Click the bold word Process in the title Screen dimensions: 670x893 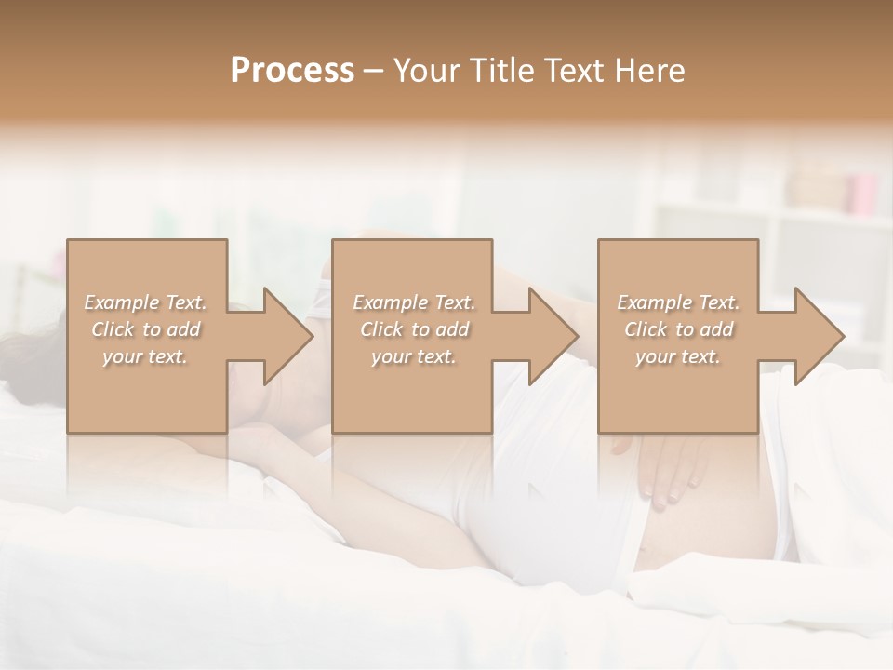click(292, 71)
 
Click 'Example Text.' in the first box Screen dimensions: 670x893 click(146, 302)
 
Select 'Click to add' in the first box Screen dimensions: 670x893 click(146, 329)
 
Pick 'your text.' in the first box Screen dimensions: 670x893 click(146, 356)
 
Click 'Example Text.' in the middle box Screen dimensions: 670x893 click(414, 302)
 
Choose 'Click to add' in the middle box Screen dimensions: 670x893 click(414, 329)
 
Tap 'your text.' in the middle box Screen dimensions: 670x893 click(414, 356)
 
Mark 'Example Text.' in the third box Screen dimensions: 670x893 click(678, 302)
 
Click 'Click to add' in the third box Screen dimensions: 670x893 click(678, 329)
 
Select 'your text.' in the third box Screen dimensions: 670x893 click(678, 356)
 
